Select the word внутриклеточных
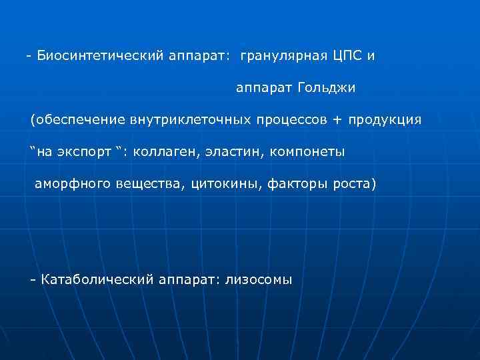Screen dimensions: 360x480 (185, 119)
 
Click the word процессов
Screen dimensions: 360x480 (285, 120)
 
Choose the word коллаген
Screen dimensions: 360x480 (162, 151)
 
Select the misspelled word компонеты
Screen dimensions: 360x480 (307, 151)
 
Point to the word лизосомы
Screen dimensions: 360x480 (258, 279)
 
